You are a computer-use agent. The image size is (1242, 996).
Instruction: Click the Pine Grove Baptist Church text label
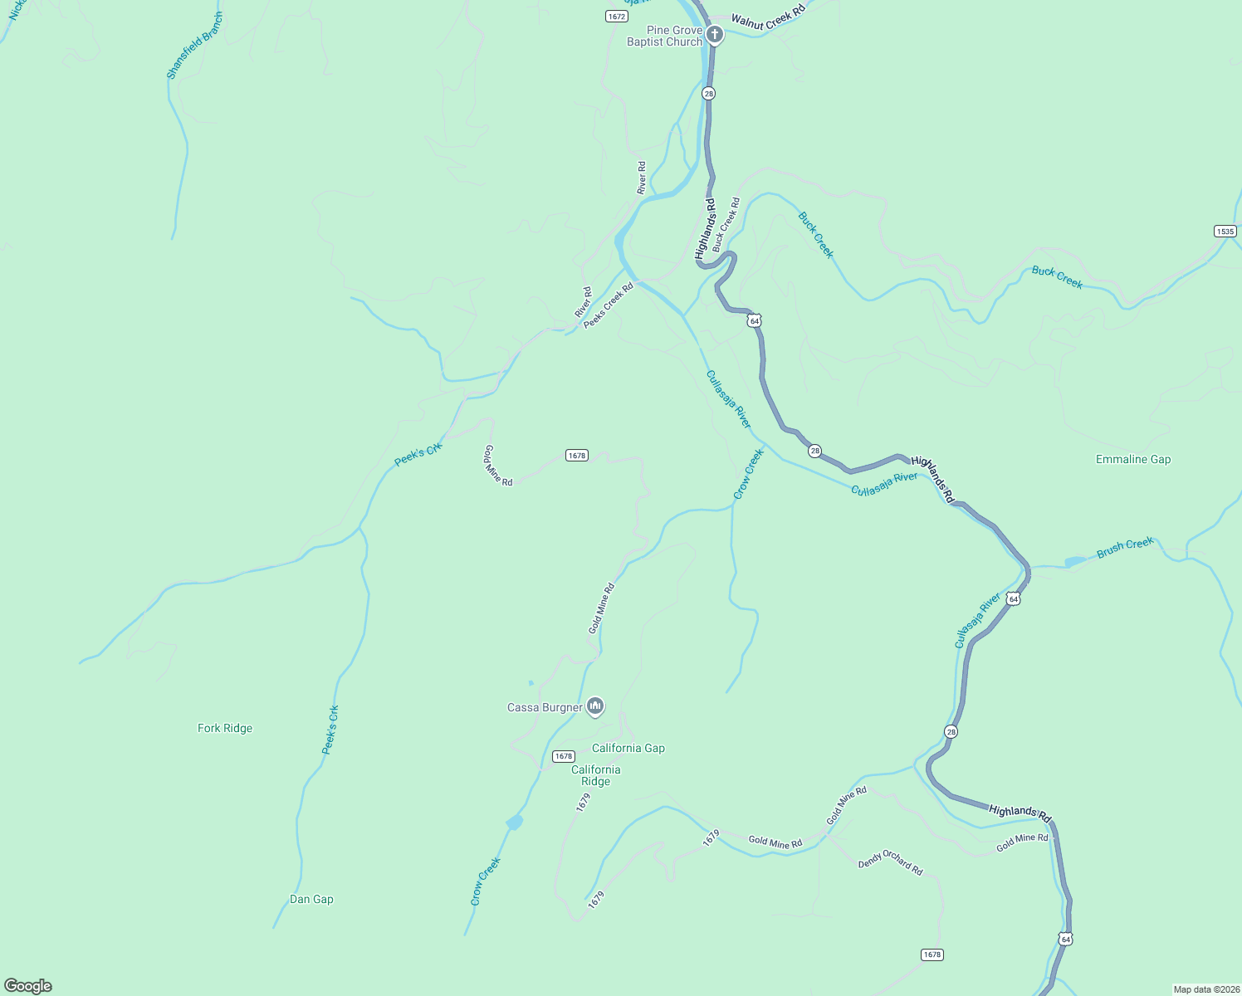[x=664, y=36]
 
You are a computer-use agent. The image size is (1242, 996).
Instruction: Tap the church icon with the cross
[x=715, y=35]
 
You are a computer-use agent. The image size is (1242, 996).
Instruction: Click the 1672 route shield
[x=616, y=16]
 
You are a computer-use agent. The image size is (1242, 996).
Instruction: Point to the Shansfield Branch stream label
[x=195, y=46]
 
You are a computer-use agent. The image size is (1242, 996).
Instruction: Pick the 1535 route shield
[x=1225, y=231]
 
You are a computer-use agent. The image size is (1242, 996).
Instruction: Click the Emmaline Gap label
[x=1132, y=459]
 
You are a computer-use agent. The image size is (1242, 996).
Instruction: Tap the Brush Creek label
[x=1125, y=547]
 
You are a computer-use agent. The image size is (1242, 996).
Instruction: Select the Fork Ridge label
[x=225, y=728]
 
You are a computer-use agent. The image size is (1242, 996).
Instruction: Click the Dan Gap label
[x=311, y=899]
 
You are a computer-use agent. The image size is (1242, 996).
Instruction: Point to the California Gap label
[x=628, y=748]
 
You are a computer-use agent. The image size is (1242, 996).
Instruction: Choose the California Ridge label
[x=595, y=775]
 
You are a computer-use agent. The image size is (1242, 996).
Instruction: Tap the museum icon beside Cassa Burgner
[x=595, y=706]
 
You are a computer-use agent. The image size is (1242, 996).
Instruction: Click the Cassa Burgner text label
[x=545, y=707]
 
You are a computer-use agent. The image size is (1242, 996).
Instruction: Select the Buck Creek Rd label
[x=726, y=224]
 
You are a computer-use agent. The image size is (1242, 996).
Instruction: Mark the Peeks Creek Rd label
[x=608, y=305]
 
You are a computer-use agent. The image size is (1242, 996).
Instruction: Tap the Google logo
[x=28, y=986]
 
